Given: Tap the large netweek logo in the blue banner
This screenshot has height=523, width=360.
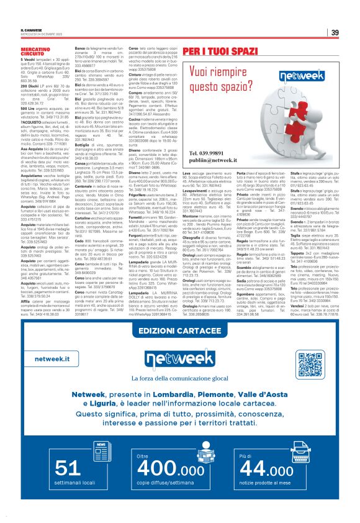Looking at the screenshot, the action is (x=180, y=360).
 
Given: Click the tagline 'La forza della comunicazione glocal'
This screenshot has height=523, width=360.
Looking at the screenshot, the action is (x=180, y=380).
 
